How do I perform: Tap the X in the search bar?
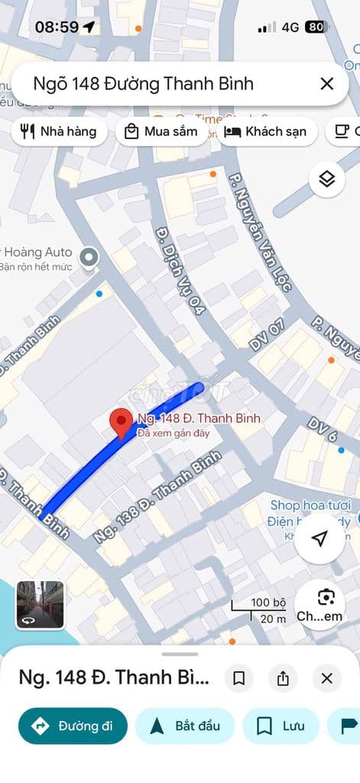tap(326, 84)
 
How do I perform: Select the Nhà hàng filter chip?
tap(58, 132)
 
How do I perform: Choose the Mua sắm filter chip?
tap(162, 132)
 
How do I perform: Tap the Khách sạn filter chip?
tap(266, 132)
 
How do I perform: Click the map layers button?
tap(327, 179)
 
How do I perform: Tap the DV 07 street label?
tap(267, 336)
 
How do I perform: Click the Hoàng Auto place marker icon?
tap(89, 257)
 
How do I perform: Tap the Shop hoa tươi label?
tap(310, 505)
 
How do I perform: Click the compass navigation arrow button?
tap(319, 539)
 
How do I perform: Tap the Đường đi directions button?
tap(73, 726)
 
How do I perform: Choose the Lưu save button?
tap(280, 726)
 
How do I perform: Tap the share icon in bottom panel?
tap(283, 678)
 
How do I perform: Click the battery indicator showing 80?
tap(315, 27)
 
